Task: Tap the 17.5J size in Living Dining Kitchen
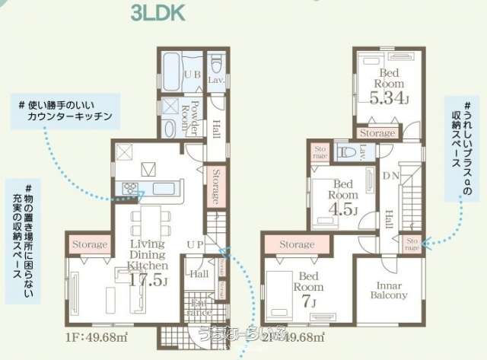pos(148,281)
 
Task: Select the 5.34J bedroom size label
pos(390,99)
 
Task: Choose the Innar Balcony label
pos(389,290)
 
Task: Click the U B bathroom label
pos(191,75)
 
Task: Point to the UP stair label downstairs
pos(196,243)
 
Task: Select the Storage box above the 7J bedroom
pos(296,244)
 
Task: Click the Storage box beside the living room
pos(89,244)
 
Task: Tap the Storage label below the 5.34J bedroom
pos(377,133)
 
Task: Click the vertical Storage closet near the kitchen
pos(216,186)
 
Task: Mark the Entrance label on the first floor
pos(194,308)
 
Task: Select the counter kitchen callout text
pos(69,111)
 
